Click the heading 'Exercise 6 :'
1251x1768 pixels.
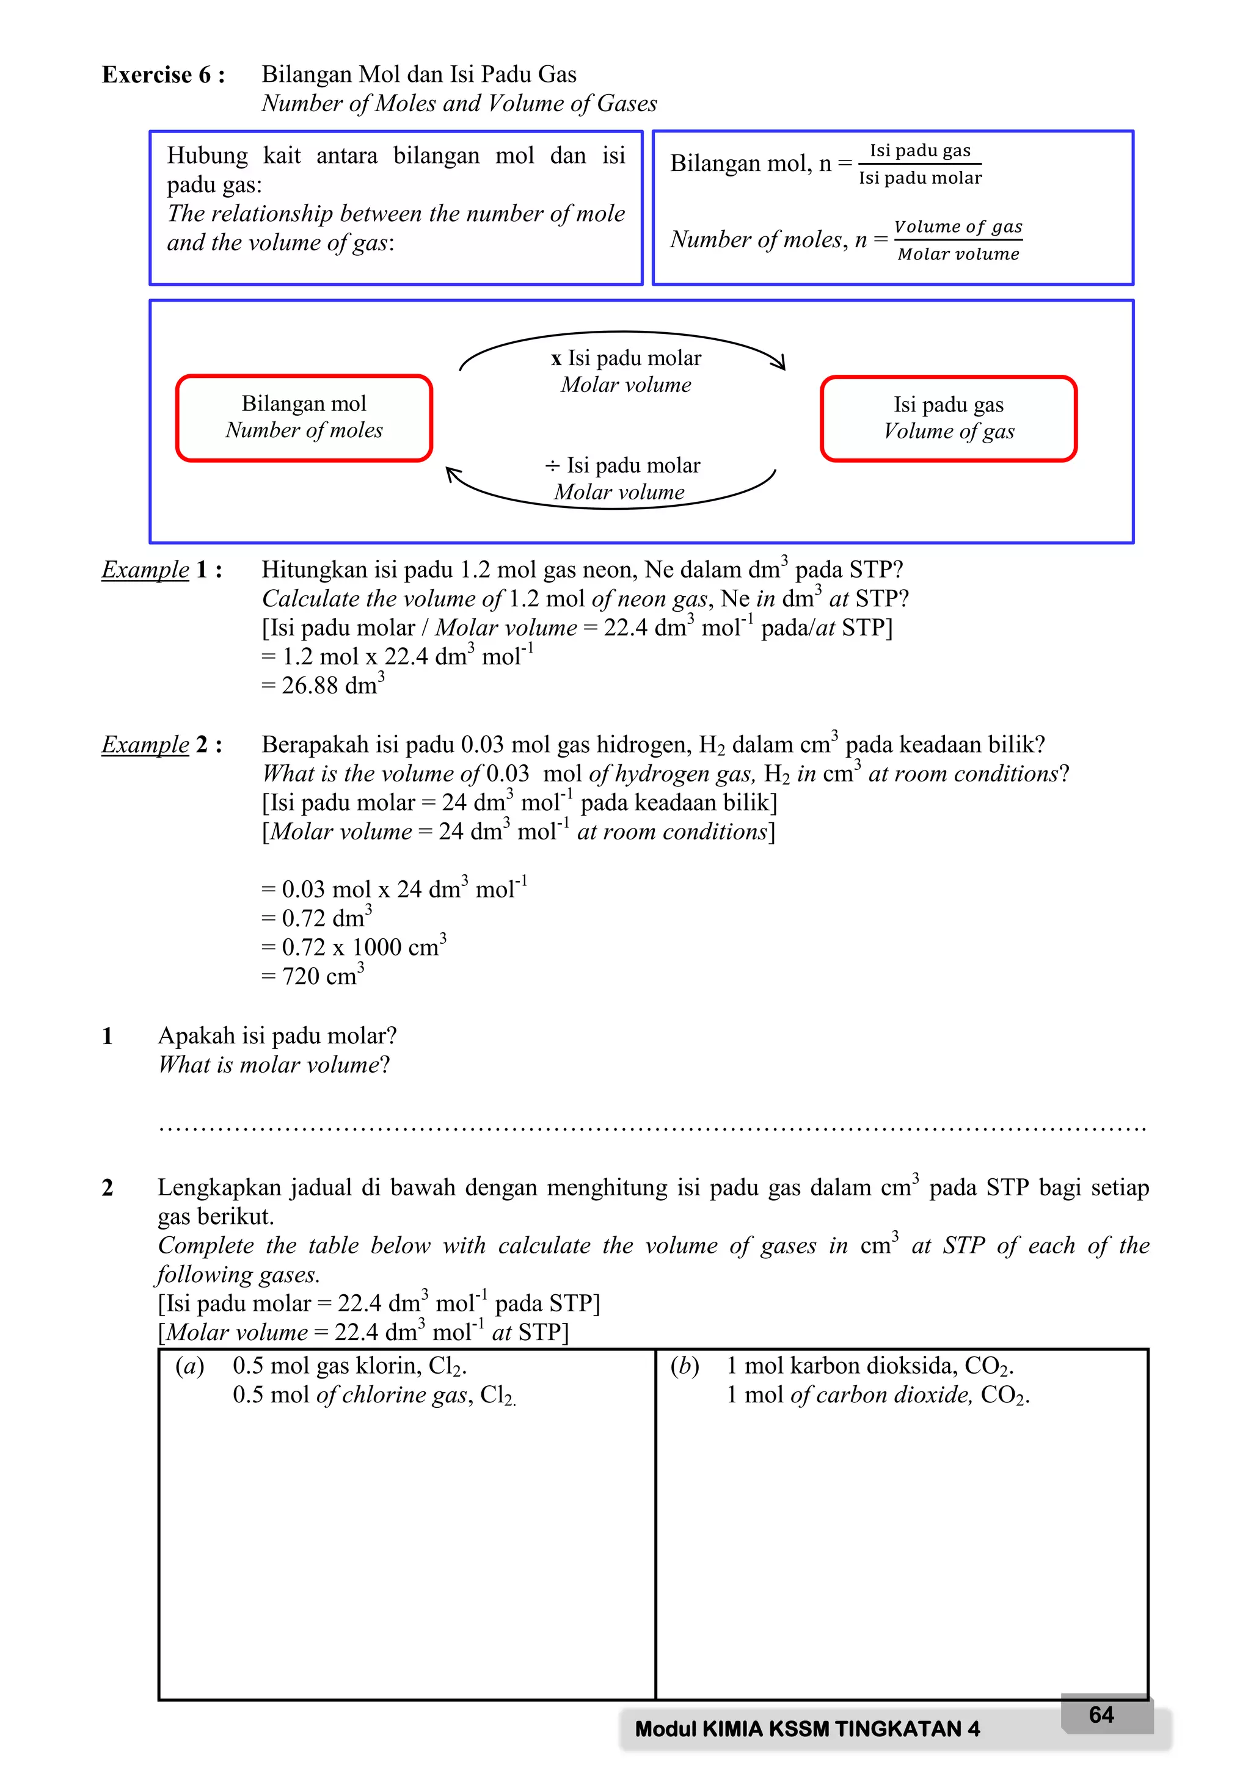pyautogui.click(x=163, y=74)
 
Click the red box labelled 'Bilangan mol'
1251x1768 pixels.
pyautogui.click(x=304, y=418)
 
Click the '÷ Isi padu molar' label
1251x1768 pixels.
pyautogui.click(x=622, y=465)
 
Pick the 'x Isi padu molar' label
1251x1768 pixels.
pyautogui.click(x=625, y=358)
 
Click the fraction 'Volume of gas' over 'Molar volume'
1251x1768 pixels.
pyautogui.click(x=958, y=241)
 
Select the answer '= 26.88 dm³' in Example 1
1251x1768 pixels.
pyautogui.click(x=323, y=684)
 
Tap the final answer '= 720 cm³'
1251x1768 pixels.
pyautogui.click(x=312, y=976)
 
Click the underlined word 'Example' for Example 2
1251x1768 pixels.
pyautogui.click(x=145, y=745)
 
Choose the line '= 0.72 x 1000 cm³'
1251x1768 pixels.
pyautogui.click(x=354, y=946)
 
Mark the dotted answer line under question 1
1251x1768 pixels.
pyautogui.click(x=652, y=1129)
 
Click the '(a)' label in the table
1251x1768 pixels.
pyautogui.click(x=189, y=1365)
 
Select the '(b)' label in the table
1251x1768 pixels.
pyautogui.click(x=684, y=1365)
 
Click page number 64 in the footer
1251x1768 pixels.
pyautogui.click(x=1101, y=1714)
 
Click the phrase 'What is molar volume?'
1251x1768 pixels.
pyautogui.click(x=274, y=1065)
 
